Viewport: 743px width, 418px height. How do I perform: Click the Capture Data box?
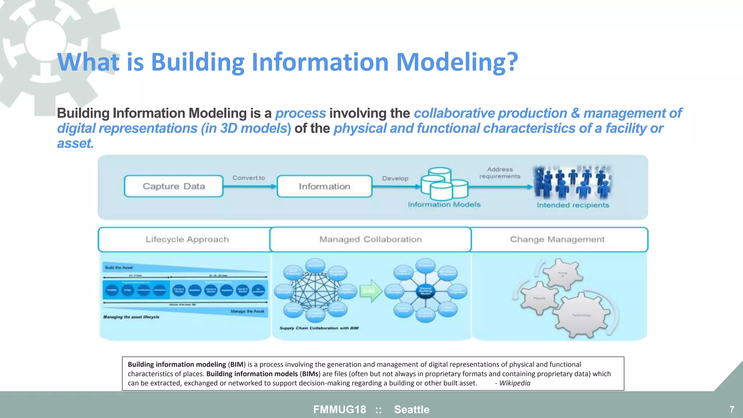click(x=173, y=186)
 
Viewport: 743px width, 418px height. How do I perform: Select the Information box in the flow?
click(x=324, y=186)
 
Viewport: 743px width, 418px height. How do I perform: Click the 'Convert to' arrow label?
click(x=249, y=178)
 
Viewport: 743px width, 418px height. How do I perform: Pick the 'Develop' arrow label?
click(x=395, y=178)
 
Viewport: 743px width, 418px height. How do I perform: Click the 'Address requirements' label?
click(x=500, y=173)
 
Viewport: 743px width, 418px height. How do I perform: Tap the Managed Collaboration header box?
click(x=370, y=239)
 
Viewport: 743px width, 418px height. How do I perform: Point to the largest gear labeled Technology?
click(x=582, y=315)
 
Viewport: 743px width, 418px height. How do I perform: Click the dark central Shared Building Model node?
click(x=425, y=291)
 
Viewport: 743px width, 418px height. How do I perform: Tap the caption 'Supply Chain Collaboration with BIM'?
click(x=319, y=328)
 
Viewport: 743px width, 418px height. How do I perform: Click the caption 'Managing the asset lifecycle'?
click(x=131, y=317)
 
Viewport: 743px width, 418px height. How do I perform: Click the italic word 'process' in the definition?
click(x=300, y=113)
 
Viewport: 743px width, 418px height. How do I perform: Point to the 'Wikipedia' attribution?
click(x=514, y=383)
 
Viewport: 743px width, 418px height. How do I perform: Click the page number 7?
click(x=731, y=409)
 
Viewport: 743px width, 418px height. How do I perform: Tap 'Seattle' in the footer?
click(x=412, y=409)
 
